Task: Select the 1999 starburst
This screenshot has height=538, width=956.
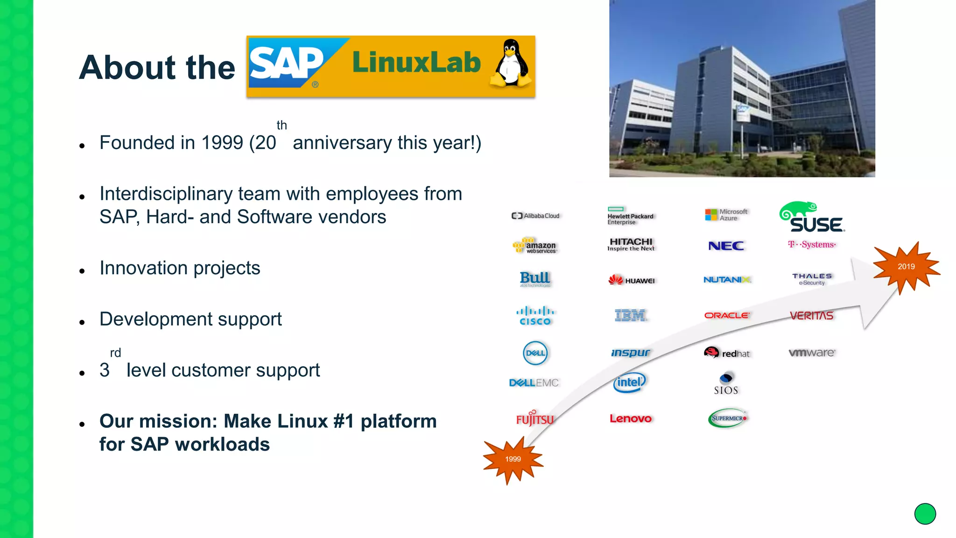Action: [513, 460]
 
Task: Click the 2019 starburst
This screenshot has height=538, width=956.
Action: [906, 267]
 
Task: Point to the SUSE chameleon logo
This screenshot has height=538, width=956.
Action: [812, 218]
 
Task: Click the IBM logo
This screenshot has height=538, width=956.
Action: [630, 316]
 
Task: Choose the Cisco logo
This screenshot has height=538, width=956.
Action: [535, 316]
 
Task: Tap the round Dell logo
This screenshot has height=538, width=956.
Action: [535, 353]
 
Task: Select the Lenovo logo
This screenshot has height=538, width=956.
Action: [630, 419]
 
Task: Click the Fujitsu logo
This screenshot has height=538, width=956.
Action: [535, 418]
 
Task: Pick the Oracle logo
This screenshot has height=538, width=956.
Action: [727, 316]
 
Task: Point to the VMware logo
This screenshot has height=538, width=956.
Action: [812, 353]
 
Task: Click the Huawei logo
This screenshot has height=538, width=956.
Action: [632, 280]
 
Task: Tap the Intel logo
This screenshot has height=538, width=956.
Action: [630, 382]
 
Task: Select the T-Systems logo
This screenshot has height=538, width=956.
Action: [812, 245]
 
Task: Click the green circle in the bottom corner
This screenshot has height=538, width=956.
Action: [925, 514]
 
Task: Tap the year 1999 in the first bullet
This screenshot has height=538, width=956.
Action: [222, 143]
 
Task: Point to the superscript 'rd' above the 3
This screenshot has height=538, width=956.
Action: [115, 353]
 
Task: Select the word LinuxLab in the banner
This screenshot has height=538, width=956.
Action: [416, 63]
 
